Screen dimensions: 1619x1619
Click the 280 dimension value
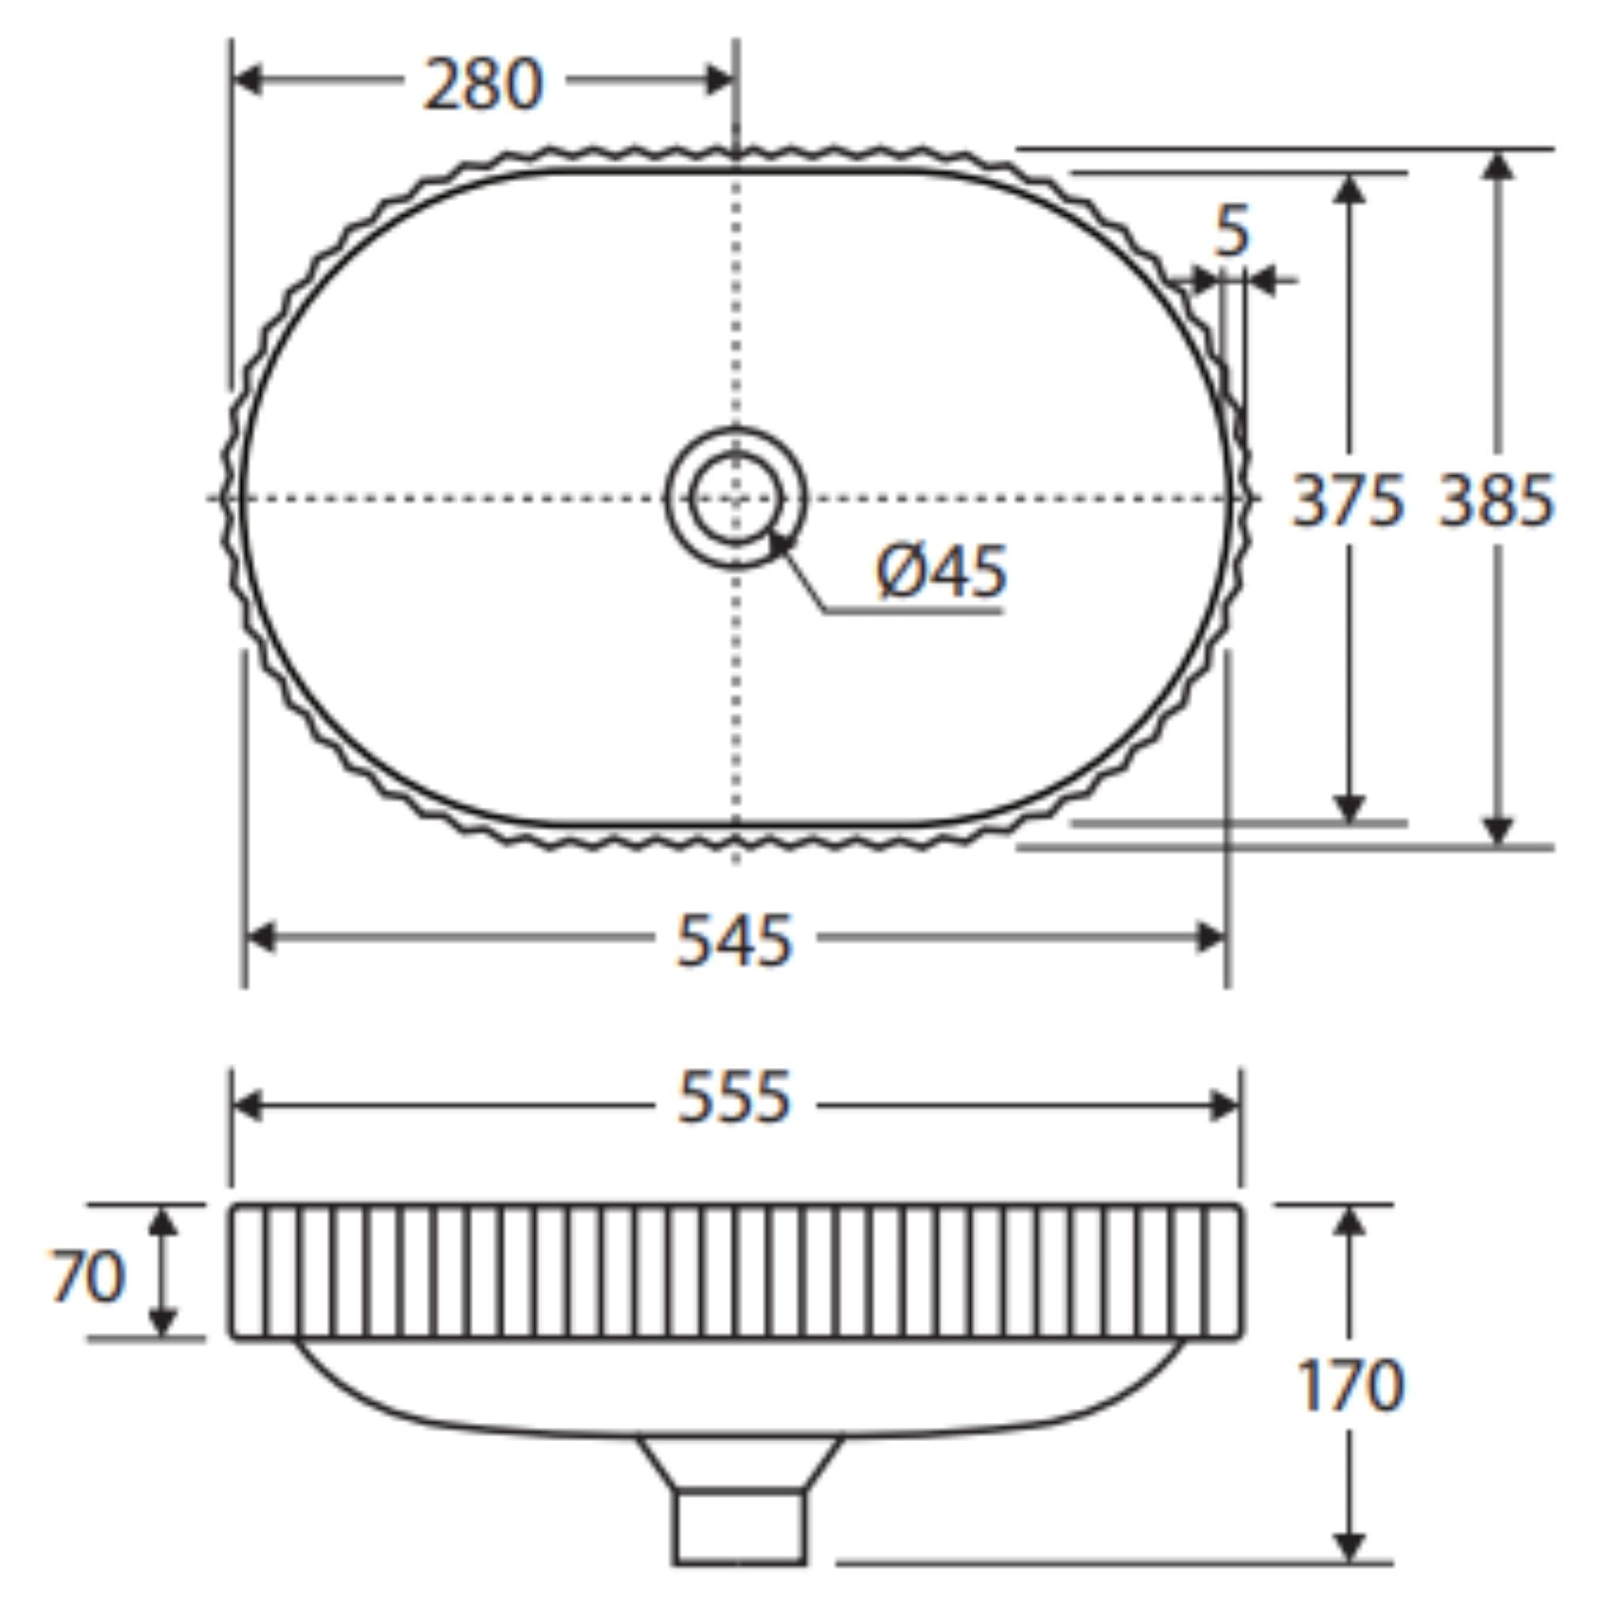[x=484, y=84]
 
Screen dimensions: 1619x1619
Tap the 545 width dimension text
[x=734, y=940]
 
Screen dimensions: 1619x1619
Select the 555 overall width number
[x=734, y=1098]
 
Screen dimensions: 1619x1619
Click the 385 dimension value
[x=1496, y=501]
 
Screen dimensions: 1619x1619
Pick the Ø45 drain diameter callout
[x=942, y=572]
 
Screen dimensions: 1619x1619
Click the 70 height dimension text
[x=88, y=1275]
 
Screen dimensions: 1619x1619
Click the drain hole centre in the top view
[x=736, y=499]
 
